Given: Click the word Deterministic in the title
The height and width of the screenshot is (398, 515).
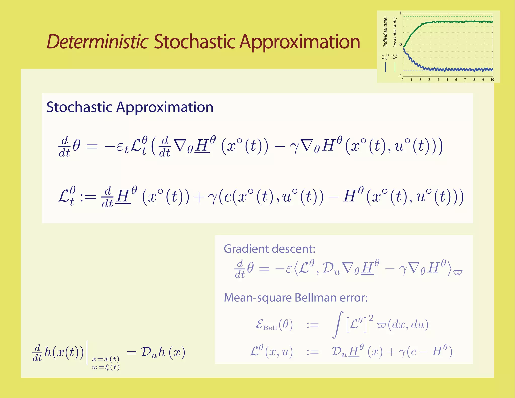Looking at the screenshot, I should click(97, 42).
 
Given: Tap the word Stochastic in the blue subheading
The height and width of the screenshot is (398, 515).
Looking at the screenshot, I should click(79, 107).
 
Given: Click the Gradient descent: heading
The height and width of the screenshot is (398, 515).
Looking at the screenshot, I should click(269, 249).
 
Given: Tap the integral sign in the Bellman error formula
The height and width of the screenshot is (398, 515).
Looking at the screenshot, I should click(338, 325).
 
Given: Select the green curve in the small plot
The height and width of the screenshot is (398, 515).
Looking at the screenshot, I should click(453, 22).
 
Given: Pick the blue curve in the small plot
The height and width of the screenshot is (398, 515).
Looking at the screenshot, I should click(453, 69).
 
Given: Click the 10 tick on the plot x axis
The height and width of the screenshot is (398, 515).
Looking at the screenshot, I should click(492, 80).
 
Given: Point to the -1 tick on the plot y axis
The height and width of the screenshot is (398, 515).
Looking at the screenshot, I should click(400, 76).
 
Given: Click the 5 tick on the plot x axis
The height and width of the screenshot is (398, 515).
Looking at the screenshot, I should click(447, 80).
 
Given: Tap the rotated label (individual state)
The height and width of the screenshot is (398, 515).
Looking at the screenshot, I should click(385, 32).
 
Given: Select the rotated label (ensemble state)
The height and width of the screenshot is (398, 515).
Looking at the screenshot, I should click(395, 32).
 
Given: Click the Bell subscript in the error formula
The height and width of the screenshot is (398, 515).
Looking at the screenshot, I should click(270, 328).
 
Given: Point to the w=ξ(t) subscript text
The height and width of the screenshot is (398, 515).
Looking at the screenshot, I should click(106, 367).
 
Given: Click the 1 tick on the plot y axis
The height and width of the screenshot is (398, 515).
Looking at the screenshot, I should click(401, 13).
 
